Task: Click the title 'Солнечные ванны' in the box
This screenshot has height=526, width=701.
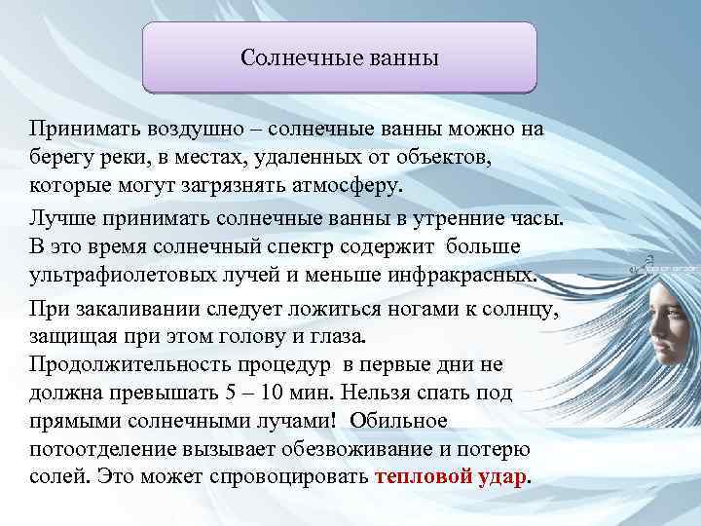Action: coord(340,59)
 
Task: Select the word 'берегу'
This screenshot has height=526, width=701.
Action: coord(62,157)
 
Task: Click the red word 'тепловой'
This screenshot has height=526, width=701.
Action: coord(417,476)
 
